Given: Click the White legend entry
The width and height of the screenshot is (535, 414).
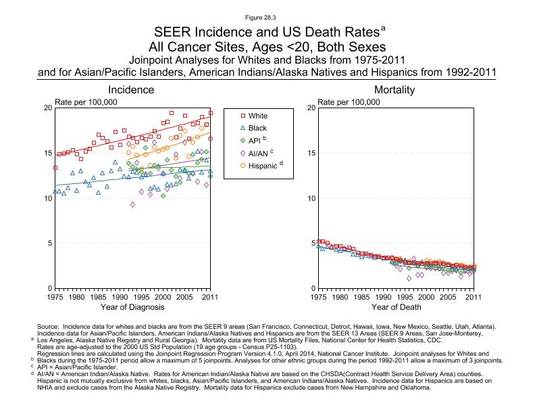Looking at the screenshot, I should [257, 116].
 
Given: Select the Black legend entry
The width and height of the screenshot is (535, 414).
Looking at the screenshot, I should [257, 128].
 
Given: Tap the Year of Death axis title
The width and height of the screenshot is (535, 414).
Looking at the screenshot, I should [395, 308].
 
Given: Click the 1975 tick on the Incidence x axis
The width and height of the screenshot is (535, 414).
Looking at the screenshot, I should [55, 297].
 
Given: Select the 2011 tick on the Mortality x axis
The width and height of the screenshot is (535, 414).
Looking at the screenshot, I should [474, 297].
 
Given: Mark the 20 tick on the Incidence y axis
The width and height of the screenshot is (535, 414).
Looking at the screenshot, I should [47, 108].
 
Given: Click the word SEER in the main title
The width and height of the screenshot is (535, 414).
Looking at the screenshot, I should [172, 32].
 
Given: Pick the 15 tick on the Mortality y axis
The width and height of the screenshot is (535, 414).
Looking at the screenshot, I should [311, 153].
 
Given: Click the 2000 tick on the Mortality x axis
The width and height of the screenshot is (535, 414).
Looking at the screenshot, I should [426, 297].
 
